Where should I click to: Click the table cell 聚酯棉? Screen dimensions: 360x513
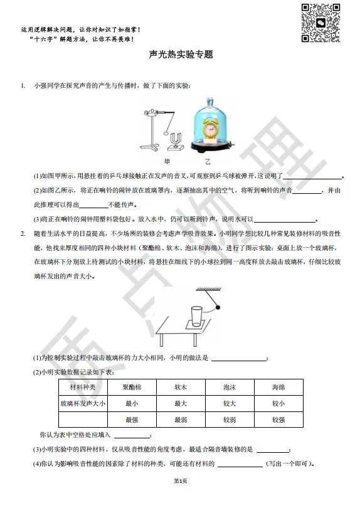(x=132, y=387)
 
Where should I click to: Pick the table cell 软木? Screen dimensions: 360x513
(x=181, y=387)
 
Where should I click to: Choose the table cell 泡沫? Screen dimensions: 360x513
(x=230, y=387)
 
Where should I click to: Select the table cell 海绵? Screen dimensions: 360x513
(x=278, y=387)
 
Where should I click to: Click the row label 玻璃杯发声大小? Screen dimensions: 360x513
(x=83, y=403)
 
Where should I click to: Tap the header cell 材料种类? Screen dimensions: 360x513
(x=83, y=387)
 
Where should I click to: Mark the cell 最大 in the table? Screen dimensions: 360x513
(x=181, y=403)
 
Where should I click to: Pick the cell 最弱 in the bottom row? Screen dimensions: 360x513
(x=181, y=420)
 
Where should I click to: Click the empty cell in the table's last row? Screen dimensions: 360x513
(x=83, y=420)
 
